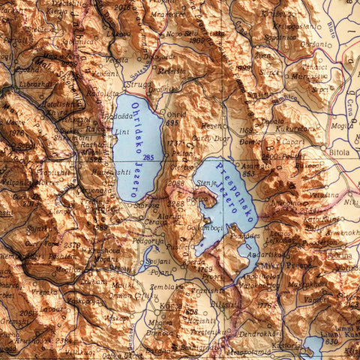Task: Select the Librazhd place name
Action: (x=33, y=83)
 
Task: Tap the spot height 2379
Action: (x=71, y=244)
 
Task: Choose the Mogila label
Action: (x=341, y=126)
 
